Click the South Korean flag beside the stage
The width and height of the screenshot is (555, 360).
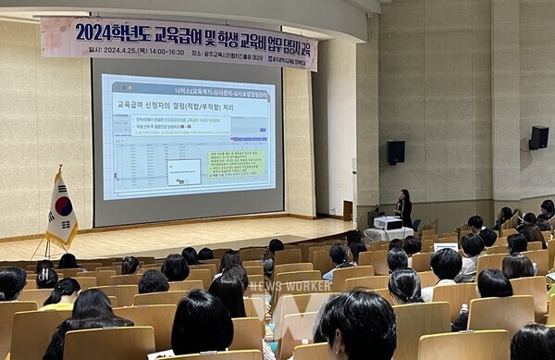61,212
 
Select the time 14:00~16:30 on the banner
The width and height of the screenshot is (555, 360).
165,51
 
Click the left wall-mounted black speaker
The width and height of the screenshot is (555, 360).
395,152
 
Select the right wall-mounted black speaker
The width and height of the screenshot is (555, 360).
538,138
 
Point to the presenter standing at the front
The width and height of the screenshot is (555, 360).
404,207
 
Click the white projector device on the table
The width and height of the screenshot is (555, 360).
388,223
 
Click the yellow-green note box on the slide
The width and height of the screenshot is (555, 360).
236,163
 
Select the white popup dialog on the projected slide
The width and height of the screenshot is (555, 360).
184,171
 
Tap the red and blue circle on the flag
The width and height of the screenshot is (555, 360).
63,206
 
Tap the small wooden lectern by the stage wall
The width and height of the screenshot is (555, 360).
348,210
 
